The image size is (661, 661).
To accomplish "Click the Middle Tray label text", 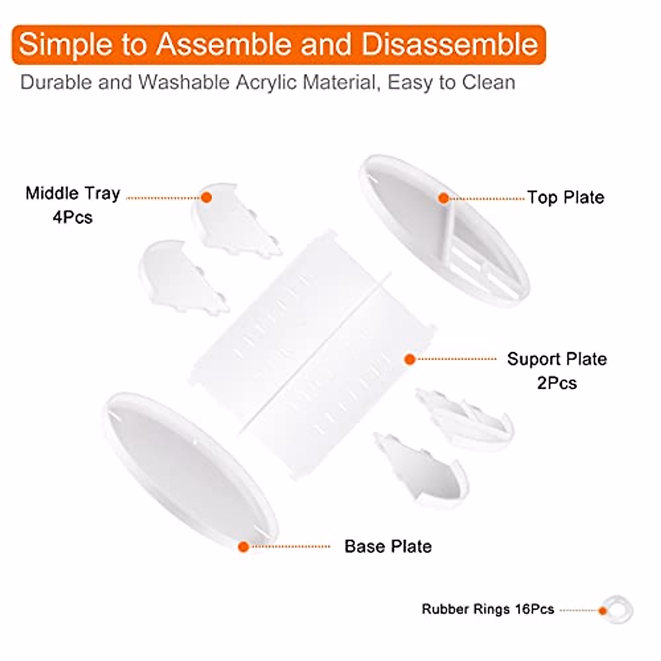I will pos(73,193).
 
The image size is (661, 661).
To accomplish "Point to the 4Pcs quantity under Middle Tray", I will pos(73,217).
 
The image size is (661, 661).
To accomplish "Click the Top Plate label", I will pos(566,197).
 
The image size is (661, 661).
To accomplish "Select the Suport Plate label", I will pos(557,359).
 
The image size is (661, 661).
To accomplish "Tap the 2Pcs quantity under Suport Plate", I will pos(557,383).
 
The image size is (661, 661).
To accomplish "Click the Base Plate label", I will pos(388,546).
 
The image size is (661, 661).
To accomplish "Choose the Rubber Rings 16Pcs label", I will pos(487,609).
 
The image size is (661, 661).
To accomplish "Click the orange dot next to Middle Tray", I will pos(207,197).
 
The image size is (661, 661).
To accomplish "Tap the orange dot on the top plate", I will pos(443,198).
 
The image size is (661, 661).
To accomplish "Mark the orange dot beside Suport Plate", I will pos(409,359).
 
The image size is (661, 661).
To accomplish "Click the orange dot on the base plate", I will pos(243,546).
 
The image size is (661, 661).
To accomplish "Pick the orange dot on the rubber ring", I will pos(603,610).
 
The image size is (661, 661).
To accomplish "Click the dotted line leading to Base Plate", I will pos(291,546).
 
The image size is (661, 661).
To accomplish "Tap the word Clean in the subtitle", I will pos(489,83).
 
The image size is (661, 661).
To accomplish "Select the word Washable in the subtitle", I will pos(184,83).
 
